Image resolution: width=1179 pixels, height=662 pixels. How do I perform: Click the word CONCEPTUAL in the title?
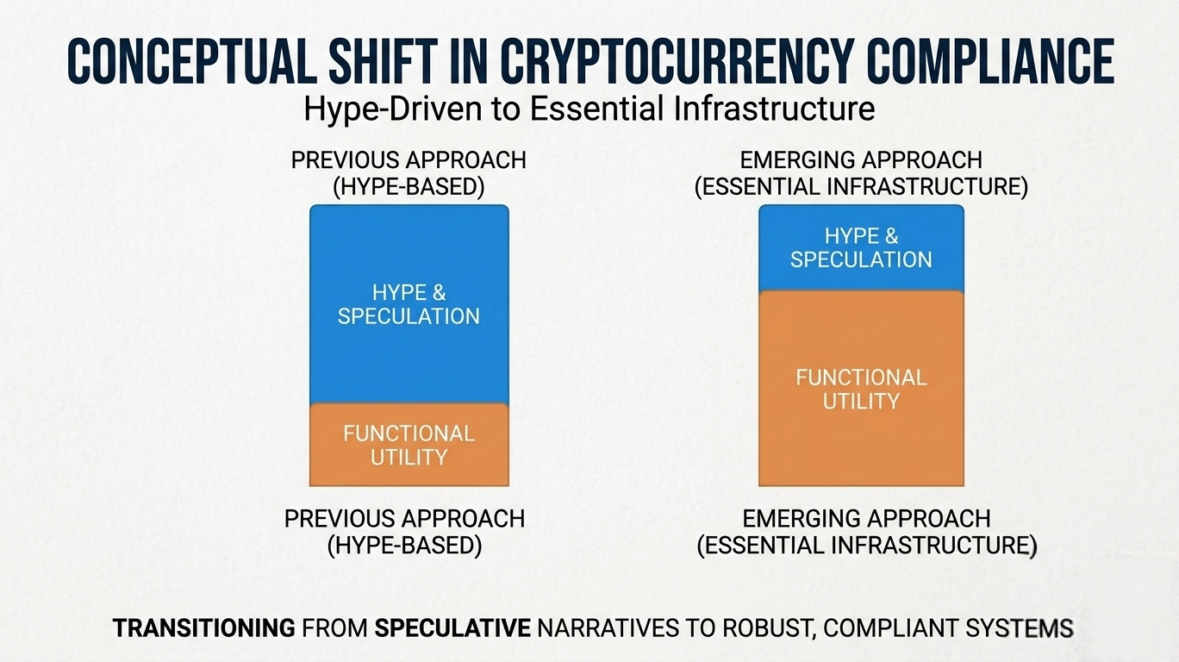(x=193, y=61)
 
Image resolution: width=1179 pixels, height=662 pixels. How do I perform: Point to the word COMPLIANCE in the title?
(x=990, y=61)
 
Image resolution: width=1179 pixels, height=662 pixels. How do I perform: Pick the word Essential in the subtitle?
(x=596, y=109)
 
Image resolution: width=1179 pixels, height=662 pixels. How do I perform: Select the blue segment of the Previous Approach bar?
(x=409, y=304)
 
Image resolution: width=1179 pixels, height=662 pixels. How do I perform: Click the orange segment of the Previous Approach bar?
(x=409, y=445)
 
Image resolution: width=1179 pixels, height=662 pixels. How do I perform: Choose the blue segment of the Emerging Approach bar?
(x=861, y=248)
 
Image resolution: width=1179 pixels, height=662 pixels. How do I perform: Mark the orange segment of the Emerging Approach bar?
(x=861, y=389)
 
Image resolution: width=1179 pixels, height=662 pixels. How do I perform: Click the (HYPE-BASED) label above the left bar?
(x=409, y=187)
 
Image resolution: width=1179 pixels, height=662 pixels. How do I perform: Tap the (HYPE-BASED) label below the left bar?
(x=404, y=545)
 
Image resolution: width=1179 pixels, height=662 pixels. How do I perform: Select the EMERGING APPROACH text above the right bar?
(x=861, y=160)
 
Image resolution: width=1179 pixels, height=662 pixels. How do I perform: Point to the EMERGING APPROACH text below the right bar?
(x=866, y=519)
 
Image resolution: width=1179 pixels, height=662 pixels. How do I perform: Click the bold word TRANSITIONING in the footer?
(x=203, y=628)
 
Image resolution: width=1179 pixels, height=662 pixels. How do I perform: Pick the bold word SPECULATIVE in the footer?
(x=452, y=628)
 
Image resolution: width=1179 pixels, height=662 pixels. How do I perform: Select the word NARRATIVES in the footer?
(x=608, y=628)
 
